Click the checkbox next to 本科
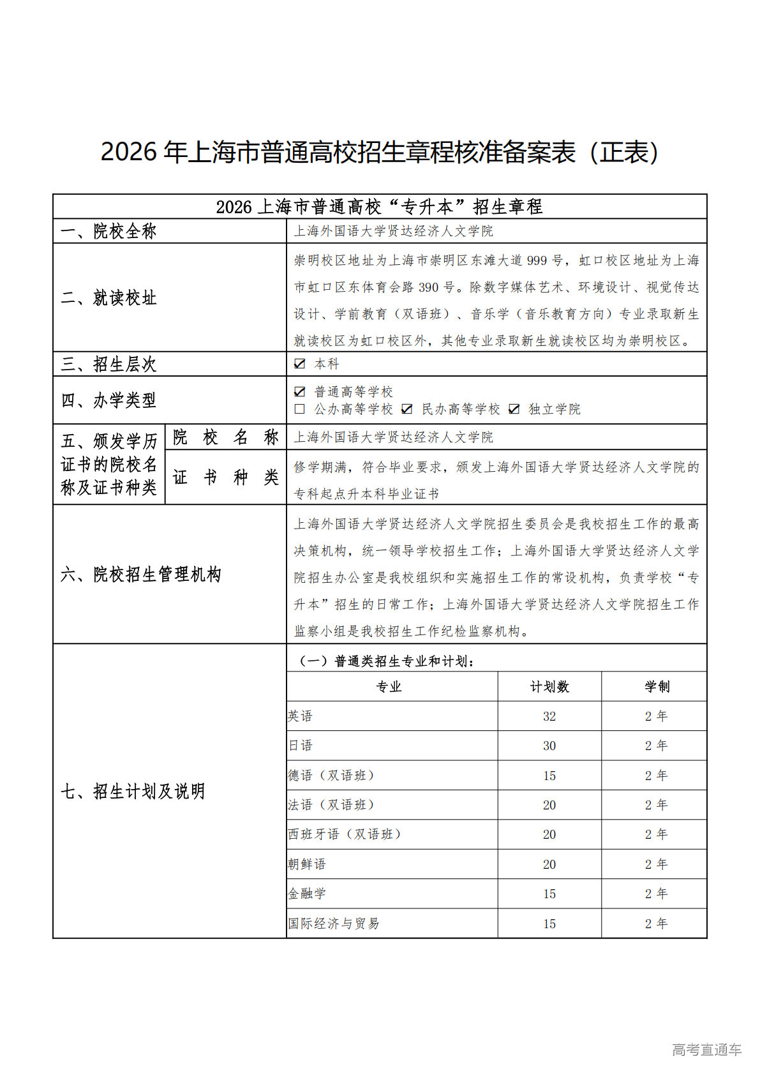(299, 364)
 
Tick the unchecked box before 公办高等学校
(299, 409)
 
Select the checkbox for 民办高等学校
(407, 409)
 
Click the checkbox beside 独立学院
(514, 409)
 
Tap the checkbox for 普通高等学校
(299, 391)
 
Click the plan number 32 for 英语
(549, 716)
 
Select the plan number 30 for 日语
(549, 746)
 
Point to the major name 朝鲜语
(307, 864)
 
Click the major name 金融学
(307, 894)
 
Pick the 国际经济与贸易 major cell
(334, 924)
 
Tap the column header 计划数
(549, 687)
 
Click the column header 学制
(657, 687)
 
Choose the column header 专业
(389, 687)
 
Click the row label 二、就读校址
(108, 298)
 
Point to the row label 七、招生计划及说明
(133, 792)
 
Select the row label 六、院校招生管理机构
(140, 575)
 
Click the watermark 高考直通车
(706, 1049)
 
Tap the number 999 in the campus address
(537, 260)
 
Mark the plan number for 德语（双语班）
(549, 776)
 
